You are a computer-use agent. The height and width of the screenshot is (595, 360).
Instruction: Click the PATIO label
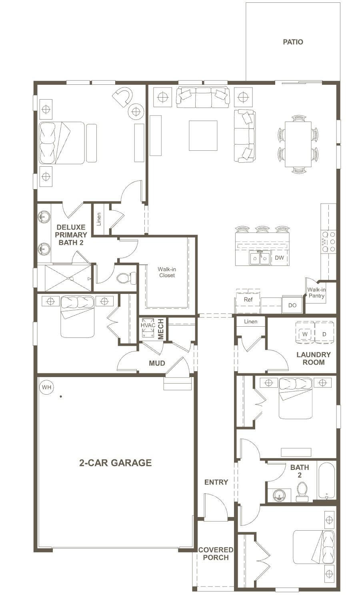(x=293, y=42)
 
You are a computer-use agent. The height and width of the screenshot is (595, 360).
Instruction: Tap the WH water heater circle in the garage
(x=46, y=387)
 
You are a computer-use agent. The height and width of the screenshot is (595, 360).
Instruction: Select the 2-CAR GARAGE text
(x=115, y=463)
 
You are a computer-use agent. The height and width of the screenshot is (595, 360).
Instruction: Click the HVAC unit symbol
(x=148, y=328)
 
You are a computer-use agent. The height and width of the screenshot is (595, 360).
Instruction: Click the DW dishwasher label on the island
(x=279, y=258)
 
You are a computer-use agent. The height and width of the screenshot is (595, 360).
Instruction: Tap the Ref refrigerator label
(x=248, y=299)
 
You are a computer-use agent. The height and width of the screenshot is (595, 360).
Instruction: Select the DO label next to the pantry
(x=292, y=305)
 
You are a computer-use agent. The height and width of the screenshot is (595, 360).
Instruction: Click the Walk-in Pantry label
(x=316, y=292)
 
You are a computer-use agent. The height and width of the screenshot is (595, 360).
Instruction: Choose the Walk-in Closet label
(x=167, y=272)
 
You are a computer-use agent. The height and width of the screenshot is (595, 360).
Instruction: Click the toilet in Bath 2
(x=302, y=492)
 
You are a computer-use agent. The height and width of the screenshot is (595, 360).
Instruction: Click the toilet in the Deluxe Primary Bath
(x=126, y=278)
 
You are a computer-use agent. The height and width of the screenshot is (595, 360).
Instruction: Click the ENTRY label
(x=216, y=482)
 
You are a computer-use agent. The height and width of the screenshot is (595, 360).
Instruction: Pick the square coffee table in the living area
(x=203, y=136)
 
